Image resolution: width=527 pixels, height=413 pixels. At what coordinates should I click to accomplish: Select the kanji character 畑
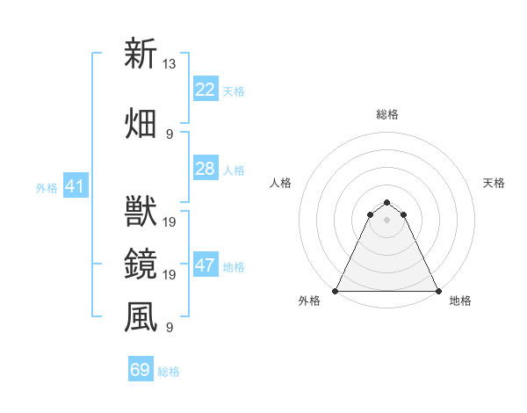click(x=141, y=122)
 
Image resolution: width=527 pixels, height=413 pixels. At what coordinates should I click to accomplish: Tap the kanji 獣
click(x=141, y=210)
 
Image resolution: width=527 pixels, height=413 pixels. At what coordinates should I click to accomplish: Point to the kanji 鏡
click(x=141, y=263)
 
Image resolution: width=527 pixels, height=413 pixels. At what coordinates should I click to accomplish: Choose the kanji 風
click(x=141, y=316)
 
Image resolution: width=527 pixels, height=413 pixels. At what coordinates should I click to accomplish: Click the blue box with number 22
click(x=205, y=90)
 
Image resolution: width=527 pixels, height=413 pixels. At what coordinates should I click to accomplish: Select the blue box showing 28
click(x=205, y=169)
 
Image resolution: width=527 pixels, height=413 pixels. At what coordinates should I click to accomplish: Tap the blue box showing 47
click(x=205, y=265)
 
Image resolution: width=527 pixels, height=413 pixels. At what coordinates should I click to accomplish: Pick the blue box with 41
click(x=75, y=186)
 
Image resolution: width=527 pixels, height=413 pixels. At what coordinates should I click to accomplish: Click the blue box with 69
click(x=141, y=370)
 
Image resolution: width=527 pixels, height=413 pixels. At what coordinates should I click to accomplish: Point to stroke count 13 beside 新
click(x=170, y=63)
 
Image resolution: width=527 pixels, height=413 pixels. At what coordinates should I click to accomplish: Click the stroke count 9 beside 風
click(x=170, y=328)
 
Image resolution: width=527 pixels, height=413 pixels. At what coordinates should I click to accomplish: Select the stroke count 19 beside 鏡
click(x=170, y=275)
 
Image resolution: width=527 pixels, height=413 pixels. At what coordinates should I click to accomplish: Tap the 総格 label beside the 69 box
click(x=169, y=372)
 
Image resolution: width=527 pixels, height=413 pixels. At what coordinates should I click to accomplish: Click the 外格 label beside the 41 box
click(x=47, y=187)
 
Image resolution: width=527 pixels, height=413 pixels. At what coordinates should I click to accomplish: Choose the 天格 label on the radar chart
click(x=494, y=183)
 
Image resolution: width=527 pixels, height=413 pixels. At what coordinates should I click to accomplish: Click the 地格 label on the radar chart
click(x=460, y=301)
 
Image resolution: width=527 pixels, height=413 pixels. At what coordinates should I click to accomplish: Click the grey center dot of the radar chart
click(x=386, y=220)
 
